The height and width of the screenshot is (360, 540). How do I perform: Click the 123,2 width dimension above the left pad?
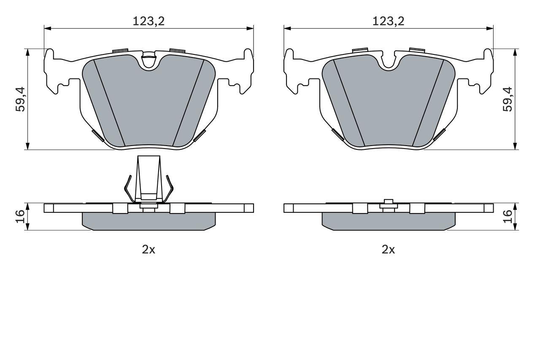pyautogui.click(x=148, y=21)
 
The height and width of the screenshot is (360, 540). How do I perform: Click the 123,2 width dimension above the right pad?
pyautogui.click(x=388, y=21)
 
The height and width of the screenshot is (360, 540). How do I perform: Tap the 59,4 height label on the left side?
pyautogui.click(x=20, y=99)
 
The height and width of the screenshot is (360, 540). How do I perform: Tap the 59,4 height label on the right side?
pyautogui.click(x=508, y=99)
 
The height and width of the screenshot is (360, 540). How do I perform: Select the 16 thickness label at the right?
pyautogui.click(x=508, y=217)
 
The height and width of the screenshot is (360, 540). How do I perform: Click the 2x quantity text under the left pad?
pyautogui.click(x=148, y=249)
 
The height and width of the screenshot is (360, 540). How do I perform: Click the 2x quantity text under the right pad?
pyautogui.click(x=388, y=249)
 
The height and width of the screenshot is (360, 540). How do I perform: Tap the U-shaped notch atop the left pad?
pyautogui.click(x=148, y=62)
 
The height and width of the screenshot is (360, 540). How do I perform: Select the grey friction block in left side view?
pyautogui.click(x=148, y=221)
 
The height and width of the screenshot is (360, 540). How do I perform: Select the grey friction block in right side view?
pyautogui.click(x=388, y=221)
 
